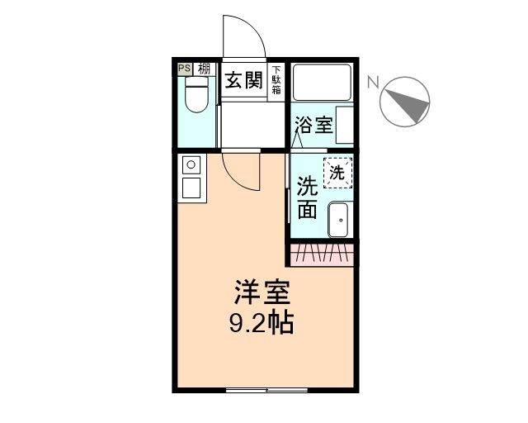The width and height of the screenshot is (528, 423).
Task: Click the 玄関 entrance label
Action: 245,82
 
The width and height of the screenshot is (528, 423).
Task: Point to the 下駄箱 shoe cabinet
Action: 276,82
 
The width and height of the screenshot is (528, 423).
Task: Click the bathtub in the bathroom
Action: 323,83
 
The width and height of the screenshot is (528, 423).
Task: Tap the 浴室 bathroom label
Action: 314,126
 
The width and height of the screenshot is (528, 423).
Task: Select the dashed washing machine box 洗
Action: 337,172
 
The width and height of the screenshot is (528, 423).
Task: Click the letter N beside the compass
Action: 373,82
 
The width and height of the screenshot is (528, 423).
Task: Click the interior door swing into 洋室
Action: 242,171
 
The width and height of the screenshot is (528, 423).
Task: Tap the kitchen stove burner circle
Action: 191,164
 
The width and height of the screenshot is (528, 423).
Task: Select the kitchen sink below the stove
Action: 191,188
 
